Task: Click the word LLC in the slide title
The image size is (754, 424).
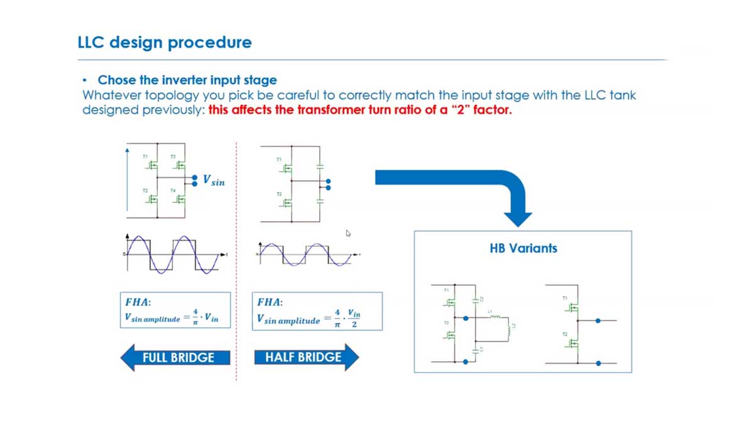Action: (x=92, y=43)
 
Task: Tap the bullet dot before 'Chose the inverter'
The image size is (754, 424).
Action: (x=85, y=80)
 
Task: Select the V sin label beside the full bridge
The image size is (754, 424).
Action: (x=214, y=180)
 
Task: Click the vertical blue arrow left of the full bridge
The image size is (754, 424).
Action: (x=128, y=182)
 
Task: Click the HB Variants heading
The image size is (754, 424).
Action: (x=523, y=247)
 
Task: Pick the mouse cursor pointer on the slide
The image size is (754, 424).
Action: (x=348, y=233)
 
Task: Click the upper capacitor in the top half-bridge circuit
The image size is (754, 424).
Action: (x=320, y=166)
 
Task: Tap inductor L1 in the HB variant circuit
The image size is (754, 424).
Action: (x=494, y=318)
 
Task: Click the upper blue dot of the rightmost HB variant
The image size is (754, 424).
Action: (x=598, y=321)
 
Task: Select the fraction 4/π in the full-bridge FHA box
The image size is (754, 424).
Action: (x=195, y=316)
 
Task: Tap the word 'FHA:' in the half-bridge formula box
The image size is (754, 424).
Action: (x=270, y=302)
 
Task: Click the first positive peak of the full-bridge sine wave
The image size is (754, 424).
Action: (x=141, y=241)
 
